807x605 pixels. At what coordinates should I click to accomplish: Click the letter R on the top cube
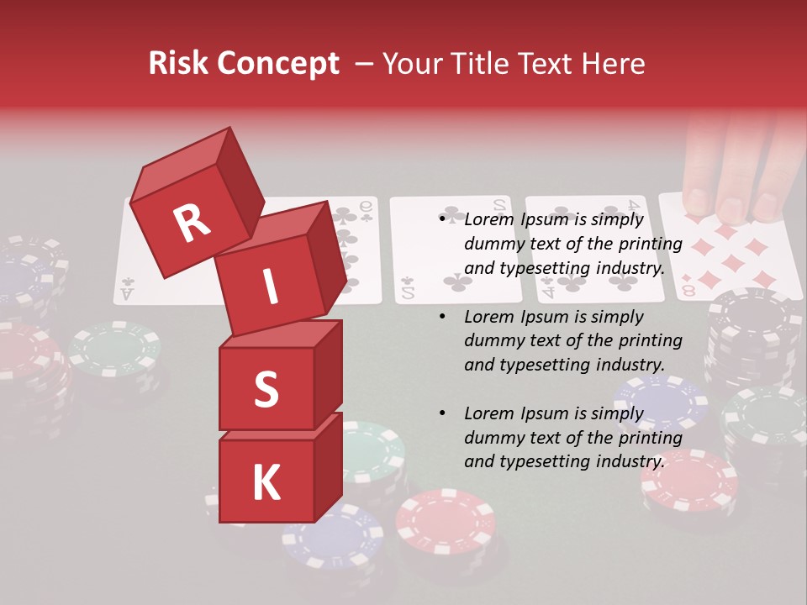pyautogui.click(x=192, y=223)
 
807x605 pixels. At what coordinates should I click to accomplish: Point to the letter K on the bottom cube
pyautogui.click(x=266, y=483)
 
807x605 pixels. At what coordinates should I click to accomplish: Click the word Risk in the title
pyautogui.click(x=179, y=64)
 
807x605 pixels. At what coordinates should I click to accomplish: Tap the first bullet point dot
pyautogui.click(x=443, y=220)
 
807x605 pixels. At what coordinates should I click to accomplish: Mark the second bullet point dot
pyautogui.click(x=443, y=317)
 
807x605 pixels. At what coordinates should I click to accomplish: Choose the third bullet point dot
pyautogui.click(x=443, y=413)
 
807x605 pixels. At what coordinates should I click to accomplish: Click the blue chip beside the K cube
pyautogui.click(x=332, y=538)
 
